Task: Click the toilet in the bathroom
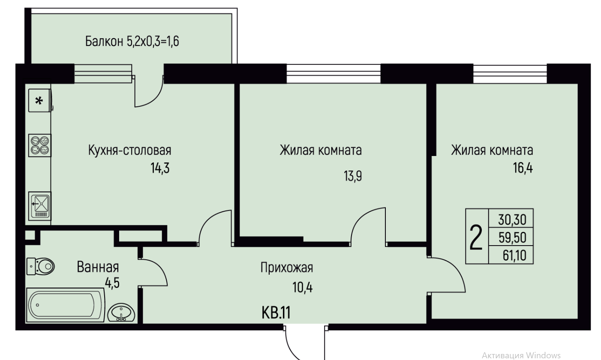click(x=41, y=267)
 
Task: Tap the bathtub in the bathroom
click(x=65, y=305)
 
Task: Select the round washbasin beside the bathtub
click(x=121, y=312)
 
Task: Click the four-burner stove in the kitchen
click(x=40, y=145)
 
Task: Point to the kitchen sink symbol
click(x=40, y=206)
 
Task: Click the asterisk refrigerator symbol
click(x=40, y=101)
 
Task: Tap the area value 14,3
click(x=160, y=168)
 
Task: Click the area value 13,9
click(x=353, y=176)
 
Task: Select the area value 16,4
click(x=523, y=168)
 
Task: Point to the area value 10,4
click(x=303, y=288)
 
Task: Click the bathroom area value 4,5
click(x=112, y=283)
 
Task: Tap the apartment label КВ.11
click(x=276, y=313)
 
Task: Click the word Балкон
click(x=104, y=42)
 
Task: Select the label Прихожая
click(x=287, y=268)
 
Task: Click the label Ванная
click(x=98, y=267)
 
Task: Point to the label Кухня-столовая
click(x=130, y=150)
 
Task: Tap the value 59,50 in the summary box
click(x=512, y=237)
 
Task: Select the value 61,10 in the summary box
click(x=514, y=255)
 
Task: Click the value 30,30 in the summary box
click(x=512, y=220)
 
